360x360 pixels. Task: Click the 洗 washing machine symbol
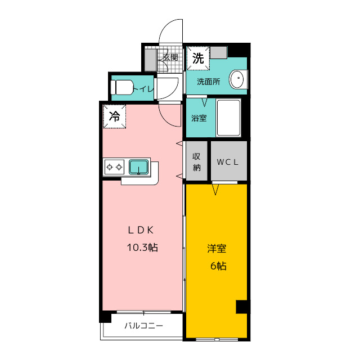pyautogui.click(x=198, y=58)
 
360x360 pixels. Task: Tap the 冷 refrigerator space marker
pyautogui.click(x=114, y=116)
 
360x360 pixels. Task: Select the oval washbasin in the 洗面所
pyautogui.click(x=238, y=79)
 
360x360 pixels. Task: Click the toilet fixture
pyautogui.click(x=122, y=87)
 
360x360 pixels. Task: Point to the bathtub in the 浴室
pyautogui.click(x=228, y=118)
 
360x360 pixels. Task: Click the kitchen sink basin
pyautogui.click(x=139, y=167)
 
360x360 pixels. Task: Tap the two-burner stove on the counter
pyautogui.click(x=114, y=167)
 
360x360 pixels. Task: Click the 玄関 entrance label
pyautogui.click(x=170, y=57)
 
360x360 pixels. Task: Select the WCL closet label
pyautogui.click(x=227, y=162)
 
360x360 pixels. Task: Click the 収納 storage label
pyautogui.click(x=196, y=162)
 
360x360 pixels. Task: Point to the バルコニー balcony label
pyautogui.click(x=144, y=326)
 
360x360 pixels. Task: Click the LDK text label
pyautogui.click(x=141, y=230)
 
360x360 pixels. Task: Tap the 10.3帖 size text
pyautogui.click(x=142, y=247)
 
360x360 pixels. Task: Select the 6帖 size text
pyautogui.click(x=218, y=266)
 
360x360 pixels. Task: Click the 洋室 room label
pyautogui.click(x=217, y=249)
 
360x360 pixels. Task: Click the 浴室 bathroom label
pyautogui.click(x=199, y=118)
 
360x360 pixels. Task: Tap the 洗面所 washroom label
pyautogui.click(x=209, y=82)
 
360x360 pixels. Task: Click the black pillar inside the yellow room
pyautogui.click(x=241, y=307)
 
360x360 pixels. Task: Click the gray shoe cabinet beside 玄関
pyautogui.click(x=150, y=60)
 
